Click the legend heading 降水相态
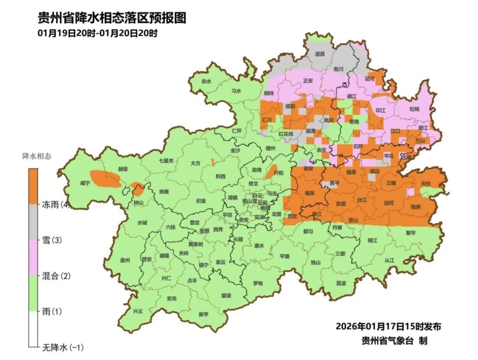coord(36,156)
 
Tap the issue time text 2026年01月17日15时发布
coord(388,327)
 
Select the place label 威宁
coord(85,183)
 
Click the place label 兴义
coord(138,311)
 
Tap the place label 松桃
coord(414,109)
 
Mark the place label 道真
coord(320,53)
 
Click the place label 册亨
coord(203,314)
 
